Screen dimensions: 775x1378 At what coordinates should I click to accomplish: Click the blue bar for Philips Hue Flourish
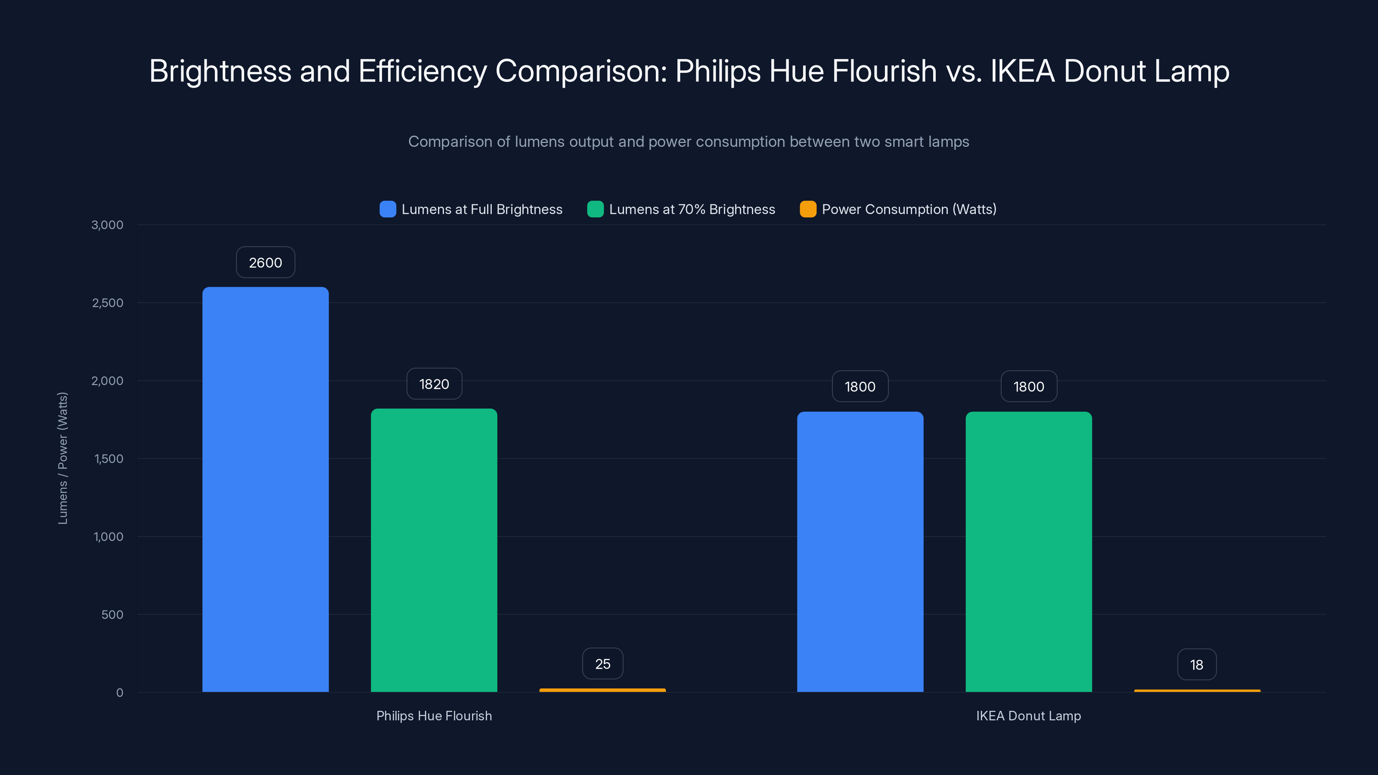(265, 490)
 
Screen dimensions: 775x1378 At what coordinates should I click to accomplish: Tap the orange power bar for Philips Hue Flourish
(602, 690)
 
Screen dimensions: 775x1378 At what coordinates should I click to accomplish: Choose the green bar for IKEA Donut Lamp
(1028, 552)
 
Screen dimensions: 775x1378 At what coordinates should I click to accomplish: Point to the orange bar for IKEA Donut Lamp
(1197, 691)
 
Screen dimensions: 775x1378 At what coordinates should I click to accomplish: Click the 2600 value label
(265, 263)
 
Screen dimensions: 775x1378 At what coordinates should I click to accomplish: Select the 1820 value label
(434, 384)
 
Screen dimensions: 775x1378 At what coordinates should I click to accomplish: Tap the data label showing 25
(602, 664)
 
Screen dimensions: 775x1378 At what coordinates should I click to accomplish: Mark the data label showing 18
(1197, 665)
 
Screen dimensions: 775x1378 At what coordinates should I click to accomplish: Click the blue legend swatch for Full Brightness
(387, 209)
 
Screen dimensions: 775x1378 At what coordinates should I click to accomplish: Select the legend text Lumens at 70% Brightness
(692, 209)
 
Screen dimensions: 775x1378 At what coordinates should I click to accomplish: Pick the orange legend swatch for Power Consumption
(808, 209)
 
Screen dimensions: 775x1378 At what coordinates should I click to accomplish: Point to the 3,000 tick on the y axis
(108, 225)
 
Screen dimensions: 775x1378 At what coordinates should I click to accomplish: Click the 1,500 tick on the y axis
(109, 459)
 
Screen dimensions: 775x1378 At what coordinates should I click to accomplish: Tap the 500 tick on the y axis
(112, 614)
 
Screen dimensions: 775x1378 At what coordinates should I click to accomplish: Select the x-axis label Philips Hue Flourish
(434, 716)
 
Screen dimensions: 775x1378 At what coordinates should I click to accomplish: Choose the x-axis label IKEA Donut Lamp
(1028, 716)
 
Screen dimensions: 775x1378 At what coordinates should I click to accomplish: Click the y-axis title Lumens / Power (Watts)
(62, 459)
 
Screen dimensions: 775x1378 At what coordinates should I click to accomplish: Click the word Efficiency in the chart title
(422, 71)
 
